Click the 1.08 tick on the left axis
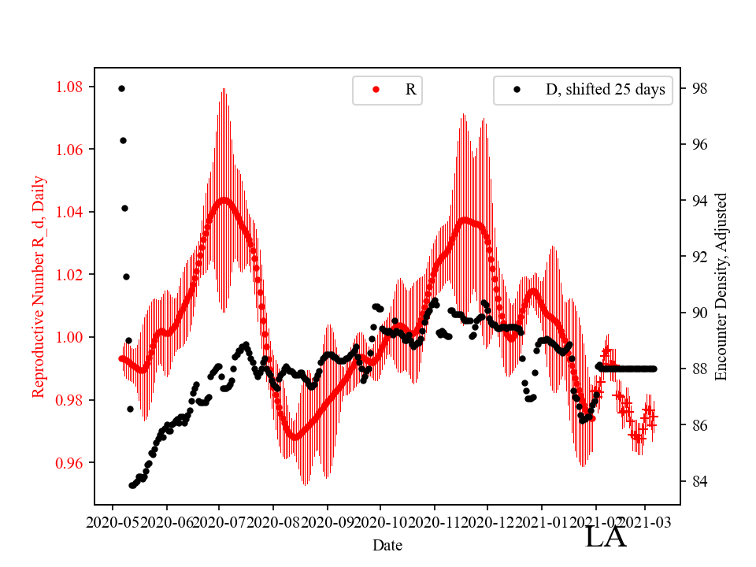pyautogui.click(x=73, y=87)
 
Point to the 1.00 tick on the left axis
pyautogui.click(x=73, y=337)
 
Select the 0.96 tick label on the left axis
pyautogui.click(x=73, y=462)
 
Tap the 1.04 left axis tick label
pyautogui.click(x=73, y=212)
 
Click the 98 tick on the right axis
pyautogui.click(x=699, y=88)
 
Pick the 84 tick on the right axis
pyautogui.click(x=699, y=481)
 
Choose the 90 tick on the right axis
pyautogui.click(x=699, y=313)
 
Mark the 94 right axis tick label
pyautogui.click(x=699, y=201)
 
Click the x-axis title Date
pyautogui.click(x=387, y=544)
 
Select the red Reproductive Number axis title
pyautogui.click(x=39, y=287)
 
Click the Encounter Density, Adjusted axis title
pyautogui.click(x=721, y=287)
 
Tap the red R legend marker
pyautogui.click(x=376, y=90)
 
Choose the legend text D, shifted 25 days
pyautogui.click(x=606, y=90)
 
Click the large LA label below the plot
pyautogui.click(x=606, y=537)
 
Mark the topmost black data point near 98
pyautogui.click(x=121, y=88)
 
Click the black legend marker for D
pyautogui.click(x=517, y=90)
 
